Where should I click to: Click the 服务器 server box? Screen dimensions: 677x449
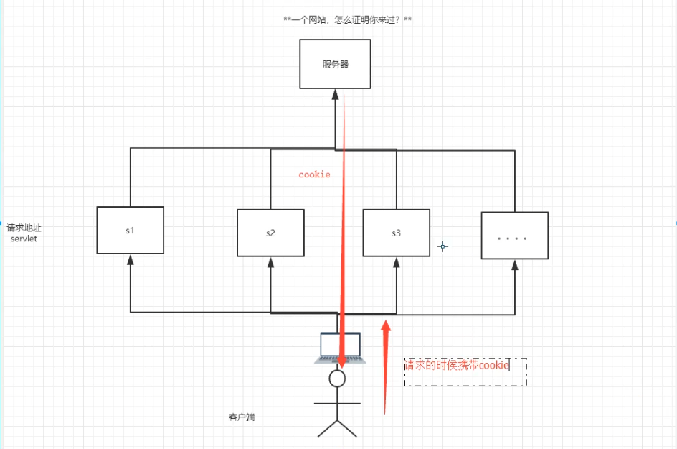[x=335, y=64]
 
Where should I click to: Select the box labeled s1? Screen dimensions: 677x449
[x=131, y=230]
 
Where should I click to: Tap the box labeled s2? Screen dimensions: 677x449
[x=270, y=233]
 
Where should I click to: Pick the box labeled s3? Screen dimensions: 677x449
[x=396, y=233]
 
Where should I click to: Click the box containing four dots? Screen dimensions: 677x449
[x=514, y=236]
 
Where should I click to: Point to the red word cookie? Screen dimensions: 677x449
[x=314, y=175]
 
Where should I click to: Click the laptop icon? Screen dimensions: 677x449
[x=340, y=348]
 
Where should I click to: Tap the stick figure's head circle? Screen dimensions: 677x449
[x=337, y=379]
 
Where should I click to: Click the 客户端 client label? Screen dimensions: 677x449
[x=242, y=417]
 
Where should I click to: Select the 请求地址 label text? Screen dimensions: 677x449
[x=24, y=228]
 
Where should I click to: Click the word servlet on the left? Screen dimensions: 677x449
[x=24, y=239]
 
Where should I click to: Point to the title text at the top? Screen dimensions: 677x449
[x=347, y=19]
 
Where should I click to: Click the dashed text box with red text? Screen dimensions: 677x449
[x=465, y=372]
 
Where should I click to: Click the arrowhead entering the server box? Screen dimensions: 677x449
[x=335, y=94]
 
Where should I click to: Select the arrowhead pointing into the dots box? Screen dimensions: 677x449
[x=514, y=265]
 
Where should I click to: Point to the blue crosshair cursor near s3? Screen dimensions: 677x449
[x=443, y=246]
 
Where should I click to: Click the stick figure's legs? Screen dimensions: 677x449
[x=337, y=427]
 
